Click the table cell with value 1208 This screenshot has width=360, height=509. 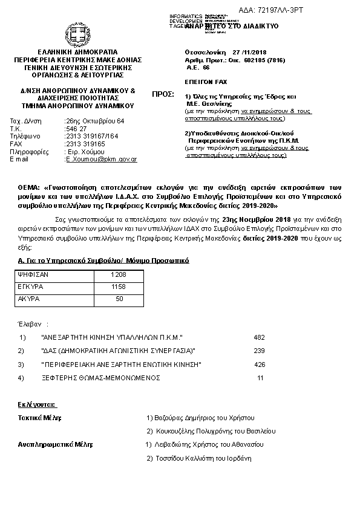point(118,274)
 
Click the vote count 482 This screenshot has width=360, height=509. point(260,337)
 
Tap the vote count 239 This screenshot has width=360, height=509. point(260,351)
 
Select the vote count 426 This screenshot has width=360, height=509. point(260,365)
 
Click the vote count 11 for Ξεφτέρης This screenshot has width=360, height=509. point(261,378)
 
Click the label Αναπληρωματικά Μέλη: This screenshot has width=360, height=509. point(55,445)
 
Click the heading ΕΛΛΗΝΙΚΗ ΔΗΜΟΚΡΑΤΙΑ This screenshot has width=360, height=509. point(78,52)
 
